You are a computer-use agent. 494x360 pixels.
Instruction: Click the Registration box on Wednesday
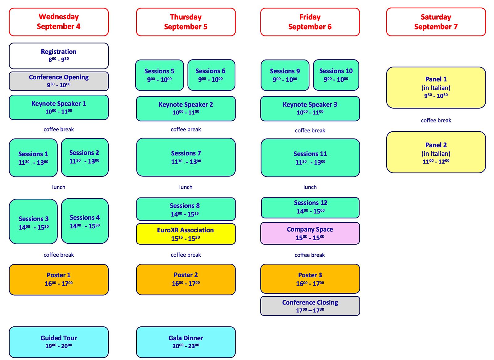(x=59, y=56)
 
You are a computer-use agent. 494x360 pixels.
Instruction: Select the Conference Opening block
(x=59, y=81)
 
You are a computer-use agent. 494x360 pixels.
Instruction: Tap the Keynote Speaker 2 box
(x=186, y=109)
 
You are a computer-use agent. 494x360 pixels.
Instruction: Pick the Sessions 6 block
(x=211, y=75)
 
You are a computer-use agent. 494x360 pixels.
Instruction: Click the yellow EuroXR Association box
(x=186, y=234)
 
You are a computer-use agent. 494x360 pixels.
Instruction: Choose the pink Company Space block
(x=310, y=234)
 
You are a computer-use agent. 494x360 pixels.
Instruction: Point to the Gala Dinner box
(x=186, y=342)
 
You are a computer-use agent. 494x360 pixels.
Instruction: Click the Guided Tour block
(x=59, y=342)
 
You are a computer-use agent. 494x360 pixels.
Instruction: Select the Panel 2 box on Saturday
(x=436, y=152)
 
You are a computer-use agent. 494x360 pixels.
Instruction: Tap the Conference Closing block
(x=310, y=306)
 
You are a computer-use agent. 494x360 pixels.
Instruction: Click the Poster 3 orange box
(x=310, y=279)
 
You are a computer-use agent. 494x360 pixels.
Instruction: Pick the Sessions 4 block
(x=85, y=221)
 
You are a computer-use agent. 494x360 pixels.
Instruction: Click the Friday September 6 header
(x=310, y=22)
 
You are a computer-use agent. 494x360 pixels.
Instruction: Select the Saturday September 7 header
(x=436, y=22)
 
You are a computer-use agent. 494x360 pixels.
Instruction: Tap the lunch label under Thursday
(x=186, y=187)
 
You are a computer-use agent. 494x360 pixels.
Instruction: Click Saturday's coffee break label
(x=436, y=121)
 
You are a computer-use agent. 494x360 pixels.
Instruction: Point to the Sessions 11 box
(x=310, y=158)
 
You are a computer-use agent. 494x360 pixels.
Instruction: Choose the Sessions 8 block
(x=186, y=209)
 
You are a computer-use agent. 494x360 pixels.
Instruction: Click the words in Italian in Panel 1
(x=436, y=88)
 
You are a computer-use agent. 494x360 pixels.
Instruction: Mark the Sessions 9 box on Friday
(x=285, y=75)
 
